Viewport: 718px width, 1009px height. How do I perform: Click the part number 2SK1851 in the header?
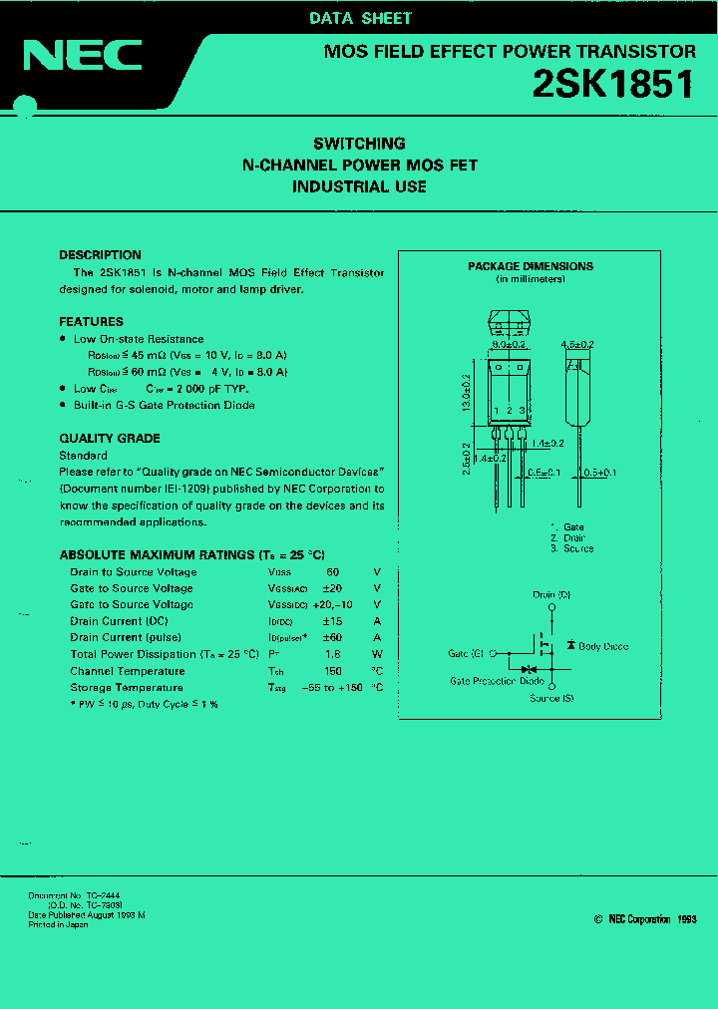pyautogui.click(x=614, y=86)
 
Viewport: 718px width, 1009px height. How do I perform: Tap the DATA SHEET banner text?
pyautogui.click(x=360, y=18)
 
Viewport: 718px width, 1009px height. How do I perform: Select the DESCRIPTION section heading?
pyautogui.click(x=100, y=255)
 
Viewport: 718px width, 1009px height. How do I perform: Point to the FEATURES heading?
pyautogui.click(x=91, y=322)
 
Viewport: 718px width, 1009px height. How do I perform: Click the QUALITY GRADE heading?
pyautogui.click(x=110, y=439)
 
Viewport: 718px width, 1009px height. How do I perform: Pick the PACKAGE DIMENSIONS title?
pyautogui.click(x=531, y=266)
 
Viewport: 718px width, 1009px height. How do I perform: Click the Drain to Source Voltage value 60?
pyautogui.click(x=333, y=572)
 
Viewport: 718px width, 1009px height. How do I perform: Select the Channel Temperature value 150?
pyautogui.click(x=333, y=671)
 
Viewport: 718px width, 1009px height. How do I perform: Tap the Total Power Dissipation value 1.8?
pyautogui.click(x=333, y=655)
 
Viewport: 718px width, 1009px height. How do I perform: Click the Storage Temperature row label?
pyautogui.click(x=127, y=688)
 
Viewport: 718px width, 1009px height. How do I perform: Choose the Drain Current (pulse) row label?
pyautogui.click(x=125, y=638)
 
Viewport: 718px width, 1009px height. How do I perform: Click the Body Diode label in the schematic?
pyautogui.click(x=603, y=647)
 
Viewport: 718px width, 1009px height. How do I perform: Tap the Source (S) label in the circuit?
pyautogui.click(x=551, y=698)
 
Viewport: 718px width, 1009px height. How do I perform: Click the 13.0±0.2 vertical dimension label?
pyautogui.click(x=467, y=393)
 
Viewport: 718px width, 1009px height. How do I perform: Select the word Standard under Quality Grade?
pyautogui.click(x=83, y=455)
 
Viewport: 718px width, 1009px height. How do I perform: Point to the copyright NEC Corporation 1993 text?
pyautogui.click(x=645, y=919)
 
